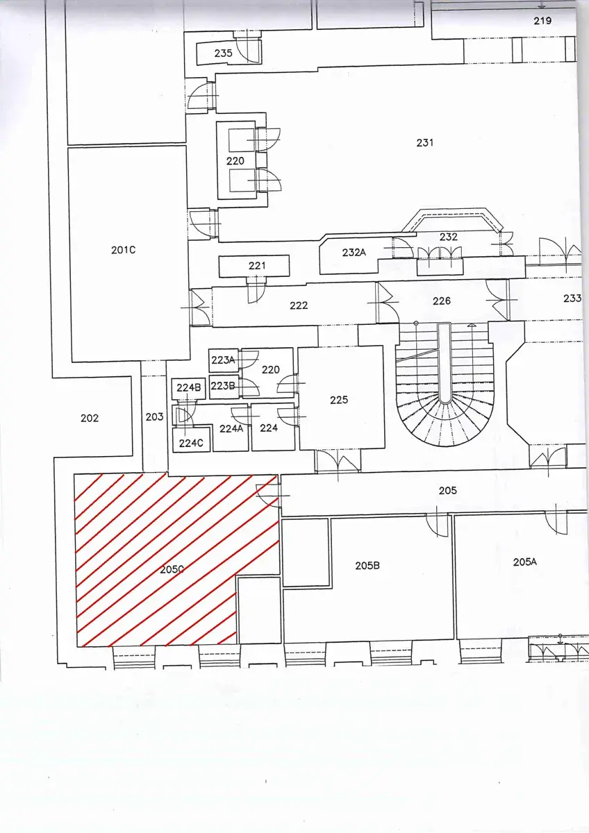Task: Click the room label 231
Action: pos(424,142)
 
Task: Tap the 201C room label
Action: pos(123,250)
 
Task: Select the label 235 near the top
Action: pos(223,53)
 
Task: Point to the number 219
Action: pos(542,21)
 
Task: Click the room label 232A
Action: pos(354,253)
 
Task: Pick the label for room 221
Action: pos(257,265)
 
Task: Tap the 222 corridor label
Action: pos(299,305)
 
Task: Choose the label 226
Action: pos(442,301)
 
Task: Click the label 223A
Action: pos(223,360)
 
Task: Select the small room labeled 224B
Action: pos(189,388)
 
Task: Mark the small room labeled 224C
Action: pos(191,443)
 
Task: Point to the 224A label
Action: pos(231,429)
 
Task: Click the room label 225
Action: pos(339,400)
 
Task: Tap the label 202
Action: pos(90,419)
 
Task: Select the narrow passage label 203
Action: pos(154,417)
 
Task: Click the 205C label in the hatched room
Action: pos(172,569)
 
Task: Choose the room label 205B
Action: pos(367,566)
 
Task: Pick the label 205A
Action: pos(525,562)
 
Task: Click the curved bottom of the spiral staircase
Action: pos(445,445)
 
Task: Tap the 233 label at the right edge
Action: pos(572,298)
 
